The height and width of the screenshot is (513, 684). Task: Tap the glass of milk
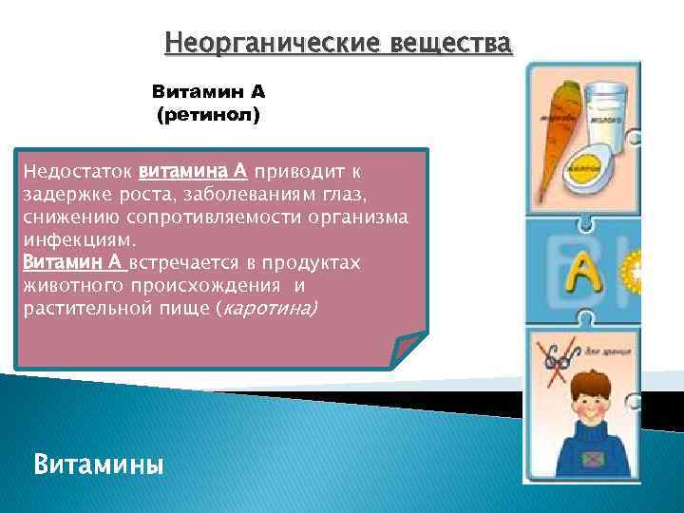tap(603, 119)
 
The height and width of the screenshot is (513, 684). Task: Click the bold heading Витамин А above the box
tap(208, 93)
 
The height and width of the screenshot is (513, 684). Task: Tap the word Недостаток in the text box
tap(77, 173)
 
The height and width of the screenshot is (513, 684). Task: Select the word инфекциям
tap(84, 238)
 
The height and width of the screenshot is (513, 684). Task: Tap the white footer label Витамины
tap(98, 465)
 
